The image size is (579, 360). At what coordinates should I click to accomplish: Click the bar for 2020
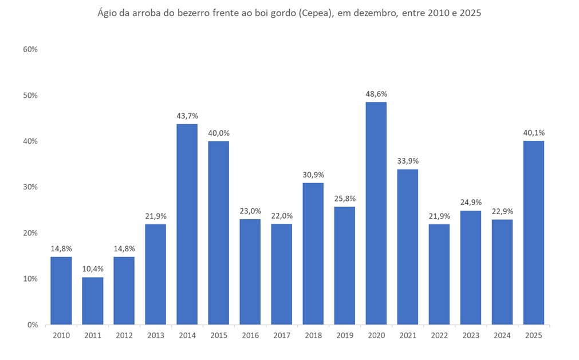point(376,213)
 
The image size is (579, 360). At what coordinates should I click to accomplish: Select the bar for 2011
point(93,300)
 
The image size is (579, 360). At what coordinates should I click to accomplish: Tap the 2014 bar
point(187,224)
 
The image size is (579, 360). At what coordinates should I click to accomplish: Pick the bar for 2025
point(534,232)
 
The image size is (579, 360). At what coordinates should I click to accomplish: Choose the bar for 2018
point(313,254)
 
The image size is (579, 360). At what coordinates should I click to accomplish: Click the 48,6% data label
point(376,94)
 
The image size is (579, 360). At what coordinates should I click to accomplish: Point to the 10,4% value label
point(93,269)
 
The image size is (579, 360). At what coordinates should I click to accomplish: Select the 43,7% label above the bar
point(187,116)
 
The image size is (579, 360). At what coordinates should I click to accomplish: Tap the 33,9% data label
point(408,161)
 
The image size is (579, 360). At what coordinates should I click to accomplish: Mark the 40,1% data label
point(534,133)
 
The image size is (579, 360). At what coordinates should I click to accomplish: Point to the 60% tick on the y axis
point(30,50)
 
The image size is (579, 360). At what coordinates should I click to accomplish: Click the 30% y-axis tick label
point(30,187)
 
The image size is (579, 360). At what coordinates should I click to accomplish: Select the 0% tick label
point(33,325)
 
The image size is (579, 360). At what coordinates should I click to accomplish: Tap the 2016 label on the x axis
point(250,335)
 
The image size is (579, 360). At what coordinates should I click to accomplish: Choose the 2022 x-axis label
point(439,335)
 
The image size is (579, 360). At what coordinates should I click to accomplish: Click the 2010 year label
point(61,335)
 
